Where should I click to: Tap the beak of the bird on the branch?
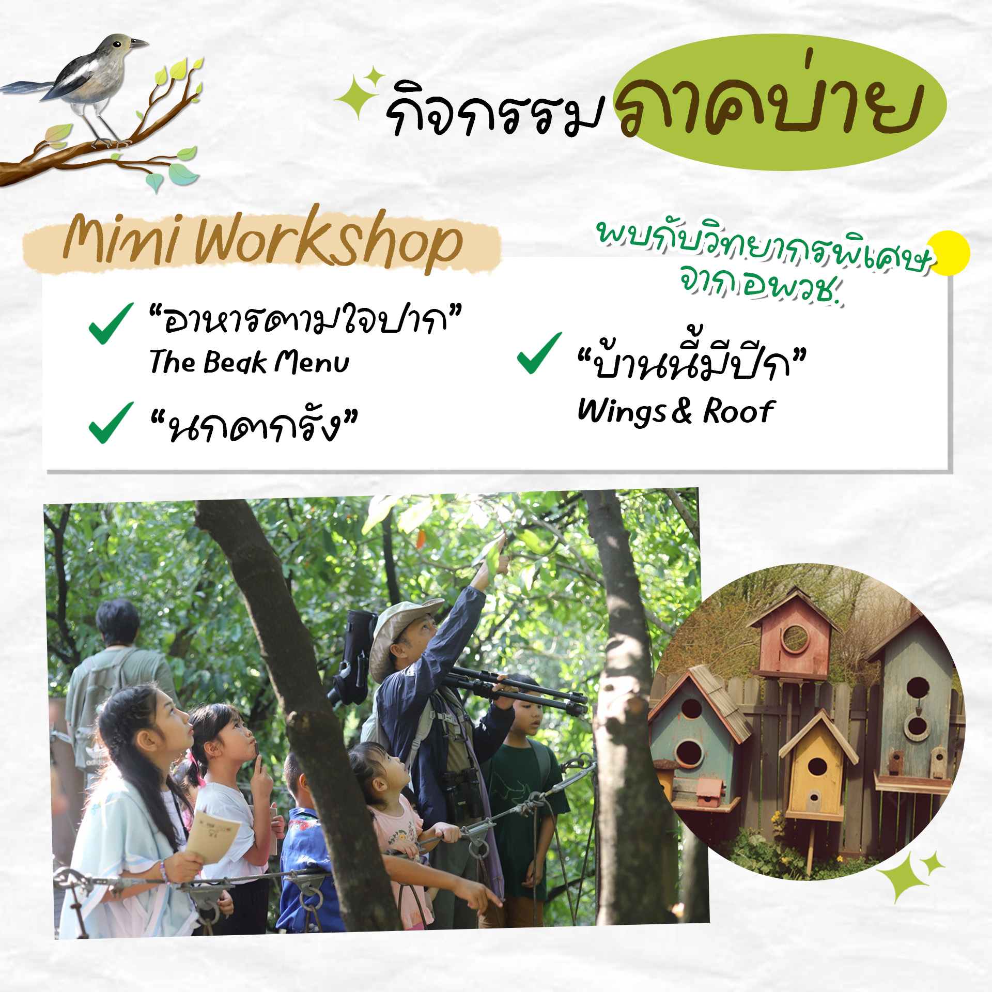[x=138, y=43]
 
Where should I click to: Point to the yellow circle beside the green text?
[x=948, y=253]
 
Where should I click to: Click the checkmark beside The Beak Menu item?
[x=111, y=323]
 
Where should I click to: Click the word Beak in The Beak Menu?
[x=235, y=362]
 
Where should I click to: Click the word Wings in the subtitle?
[x=622, y=412]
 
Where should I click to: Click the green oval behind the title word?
[x=781, y=102]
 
